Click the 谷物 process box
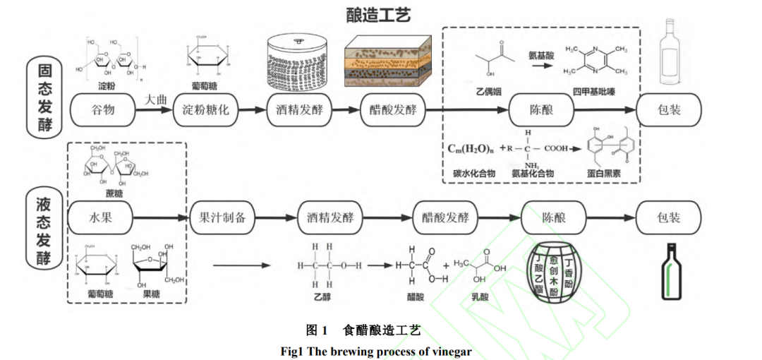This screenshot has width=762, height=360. (x=102, y=111)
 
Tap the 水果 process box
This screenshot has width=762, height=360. (x=101, y=217)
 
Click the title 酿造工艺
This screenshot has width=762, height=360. (x=378, y=14)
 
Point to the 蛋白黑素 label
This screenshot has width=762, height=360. (x=610, y=174)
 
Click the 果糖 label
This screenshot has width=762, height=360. (x=151, y=293)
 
